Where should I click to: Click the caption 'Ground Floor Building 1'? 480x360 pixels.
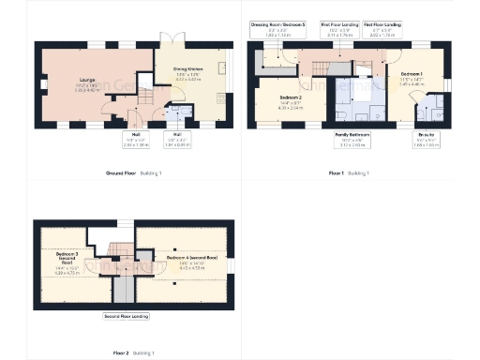(134, 173)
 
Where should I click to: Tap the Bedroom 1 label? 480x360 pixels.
(413, 78)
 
